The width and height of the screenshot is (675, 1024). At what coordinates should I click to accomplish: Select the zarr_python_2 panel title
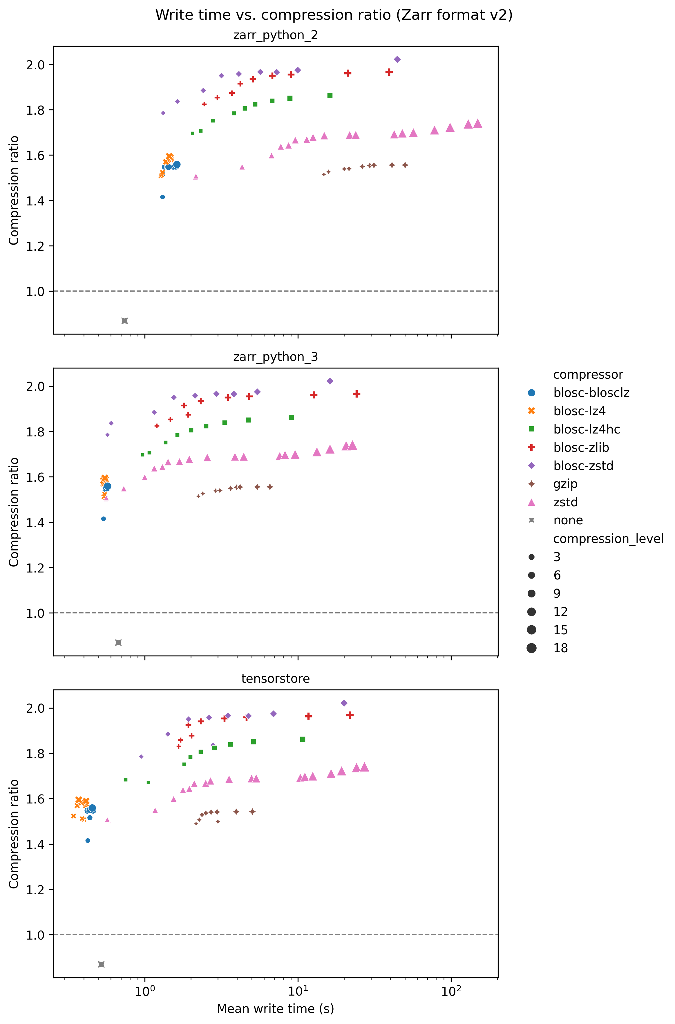coord(276,35)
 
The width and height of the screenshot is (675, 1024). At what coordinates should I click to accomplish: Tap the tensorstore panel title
coord(276,679)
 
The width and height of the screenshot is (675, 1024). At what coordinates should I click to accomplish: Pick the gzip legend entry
coord(565,484)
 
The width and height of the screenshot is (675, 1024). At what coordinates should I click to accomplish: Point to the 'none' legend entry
coord(568,520)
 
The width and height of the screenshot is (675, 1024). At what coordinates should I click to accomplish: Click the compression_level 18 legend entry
coord(560,648)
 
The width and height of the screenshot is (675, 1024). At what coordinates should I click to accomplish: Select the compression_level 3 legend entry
coord(557,557)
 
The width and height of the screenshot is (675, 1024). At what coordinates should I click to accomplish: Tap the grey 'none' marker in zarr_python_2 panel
coord(125,321)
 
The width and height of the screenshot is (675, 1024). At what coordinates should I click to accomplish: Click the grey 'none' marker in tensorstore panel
coord(102,964)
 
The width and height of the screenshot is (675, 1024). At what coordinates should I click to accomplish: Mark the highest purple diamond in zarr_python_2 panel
coord(397,59)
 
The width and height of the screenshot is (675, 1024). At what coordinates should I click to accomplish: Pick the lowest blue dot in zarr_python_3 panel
coord(103,519)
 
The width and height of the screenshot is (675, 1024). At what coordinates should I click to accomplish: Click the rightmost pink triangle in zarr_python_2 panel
coord(477,124)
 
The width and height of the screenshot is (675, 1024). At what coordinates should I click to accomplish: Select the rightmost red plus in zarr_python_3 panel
coord(356,394)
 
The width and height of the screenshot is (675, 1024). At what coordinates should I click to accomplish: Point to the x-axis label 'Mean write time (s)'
coord(276,1009)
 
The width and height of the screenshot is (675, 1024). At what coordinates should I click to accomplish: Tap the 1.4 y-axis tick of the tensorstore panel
coord(35,844)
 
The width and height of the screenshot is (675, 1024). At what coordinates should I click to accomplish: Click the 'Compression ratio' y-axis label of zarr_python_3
coord(14,512)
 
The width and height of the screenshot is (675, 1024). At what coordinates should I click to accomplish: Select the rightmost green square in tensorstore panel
coord(303,739)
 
